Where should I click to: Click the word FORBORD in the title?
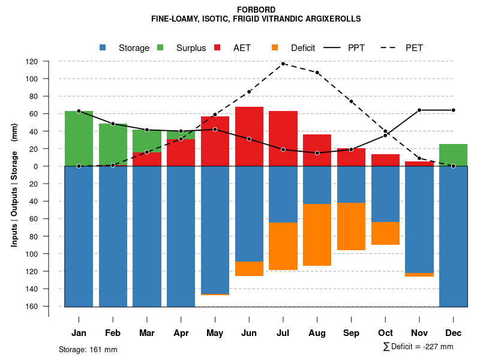256,10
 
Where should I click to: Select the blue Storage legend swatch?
103,47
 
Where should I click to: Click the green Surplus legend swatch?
160,47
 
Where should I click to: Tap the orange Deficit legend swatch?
275,47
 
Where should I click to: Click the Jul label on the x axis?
283,333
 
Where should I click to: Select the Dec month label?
453,333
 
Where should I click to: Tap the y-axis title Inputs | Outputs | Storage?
14,184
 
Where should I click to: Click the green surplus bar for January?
79,138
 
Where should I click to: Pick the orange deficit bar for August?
317,235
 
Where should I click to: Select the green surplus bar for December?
453,155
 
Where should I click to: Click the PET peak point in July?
283,64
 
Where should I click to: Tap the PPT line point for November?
419,110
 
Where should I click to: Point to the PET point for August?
317,73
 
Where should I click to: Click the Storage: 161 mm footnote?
88,349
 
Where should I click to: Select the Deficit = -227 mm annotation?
418,347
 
